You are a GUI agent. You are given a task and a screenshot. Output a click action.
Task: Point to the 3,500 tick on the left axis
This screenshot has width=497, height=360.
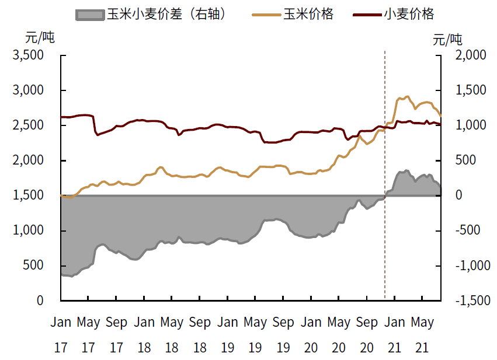pos(28,55)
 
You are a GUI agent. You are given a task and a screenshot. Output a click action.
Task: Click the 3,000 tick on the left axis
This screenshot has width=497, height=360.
pos(28,90)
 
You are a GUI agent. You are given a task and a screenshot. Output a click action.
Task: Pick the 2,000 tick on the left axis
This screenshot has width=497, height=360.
pos(28,160)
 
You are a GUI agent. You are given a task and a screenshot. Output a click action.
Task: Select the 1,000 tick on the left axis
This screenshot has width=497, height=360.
pos(28,230)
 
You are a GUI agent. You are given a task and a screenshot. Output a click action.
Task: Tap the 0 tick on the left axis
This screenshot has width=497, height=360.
pos(40,300)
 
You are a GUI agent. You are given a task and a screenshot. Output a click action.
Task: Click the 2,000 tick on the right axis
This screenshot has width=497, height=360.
pos(471,55)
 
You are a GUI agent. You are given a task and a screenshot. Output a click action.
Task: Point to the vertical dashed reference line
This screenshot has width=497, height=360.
pos(384,175)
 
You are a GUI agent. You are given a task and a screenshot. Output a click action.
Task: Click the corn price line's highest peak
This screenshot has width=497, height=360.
pos(407,96)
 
